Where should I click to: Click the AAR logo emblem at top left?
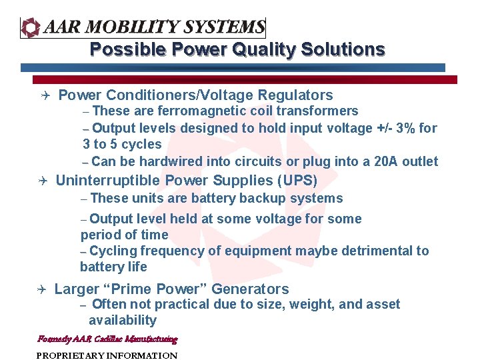click(31, 27)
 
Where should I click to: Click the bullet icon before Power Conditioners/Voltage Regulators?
click(43, 96)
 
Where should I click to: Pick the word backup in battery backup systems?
click(267, 198)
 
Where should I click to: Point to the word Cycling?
click(113, 251)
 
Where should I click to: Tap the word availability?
click(123, 320)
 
